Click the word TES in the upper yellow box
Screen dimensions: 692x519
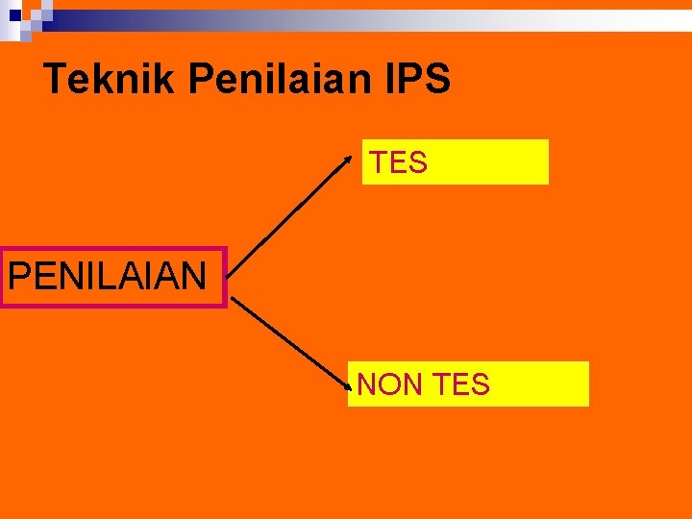tap(399, 163)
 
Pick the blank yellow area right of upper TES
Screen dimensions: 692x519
tap(490, 161)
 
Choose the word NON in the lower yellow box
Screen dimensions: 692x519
tap(387, 384)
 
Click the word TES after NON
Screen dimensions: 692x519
tap(460, 384)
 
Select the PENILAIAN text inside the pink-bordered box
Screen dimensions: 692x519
tap(108, 277)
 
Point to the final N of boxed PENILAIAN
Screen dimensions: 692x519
tap(195, 277)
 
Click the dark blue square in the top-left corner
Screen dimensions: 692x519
tap(15, 14)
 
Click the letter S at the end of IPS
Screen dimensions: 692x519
tap(438, 79)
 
